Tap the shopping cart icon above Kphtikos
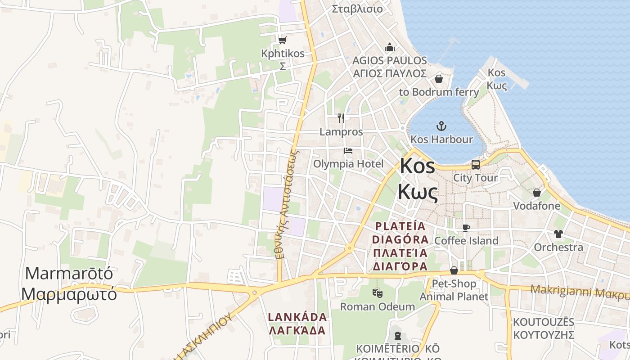[x=283, y=40]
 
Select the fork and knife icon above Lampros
[x=341, y=118]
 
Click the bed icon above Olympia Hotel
[x=348, y=151]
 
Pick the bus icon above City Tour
[x=476, y=164]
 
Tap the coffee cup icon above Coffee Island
[x=466, y=228]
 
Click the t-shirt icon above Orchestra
[x=558, y=234]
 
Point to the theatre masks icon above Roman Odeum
[x=378, y=293]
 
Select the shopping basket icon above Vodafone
[x=537, y=193]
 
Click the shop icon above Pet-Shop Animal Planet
[x=454, y=270]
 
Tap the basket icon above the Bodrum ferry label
[x=439, y=79]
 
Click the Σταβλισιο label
[x=357, y=9]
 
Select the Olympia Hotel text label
[x=348, y=164]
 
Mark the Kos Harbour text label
[x=442, y=139]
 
